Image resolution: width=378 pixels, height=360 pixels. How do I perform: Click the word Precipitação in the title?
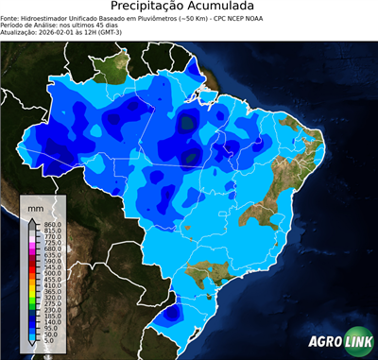click(x=157, y=7)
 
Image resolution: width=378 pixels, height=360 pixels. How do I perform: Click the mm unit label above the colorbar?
click(x=35, y=206)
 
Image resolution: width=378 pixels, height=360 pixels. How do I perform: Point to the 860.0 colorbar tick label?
click(x=52, y=223)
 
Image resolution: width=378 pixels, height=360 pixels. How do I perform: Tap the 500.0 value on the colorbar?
click(x=52, y=273)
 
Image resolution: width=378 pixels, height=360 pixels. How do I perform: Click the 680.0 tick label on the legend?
click(x=52, y=249)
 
